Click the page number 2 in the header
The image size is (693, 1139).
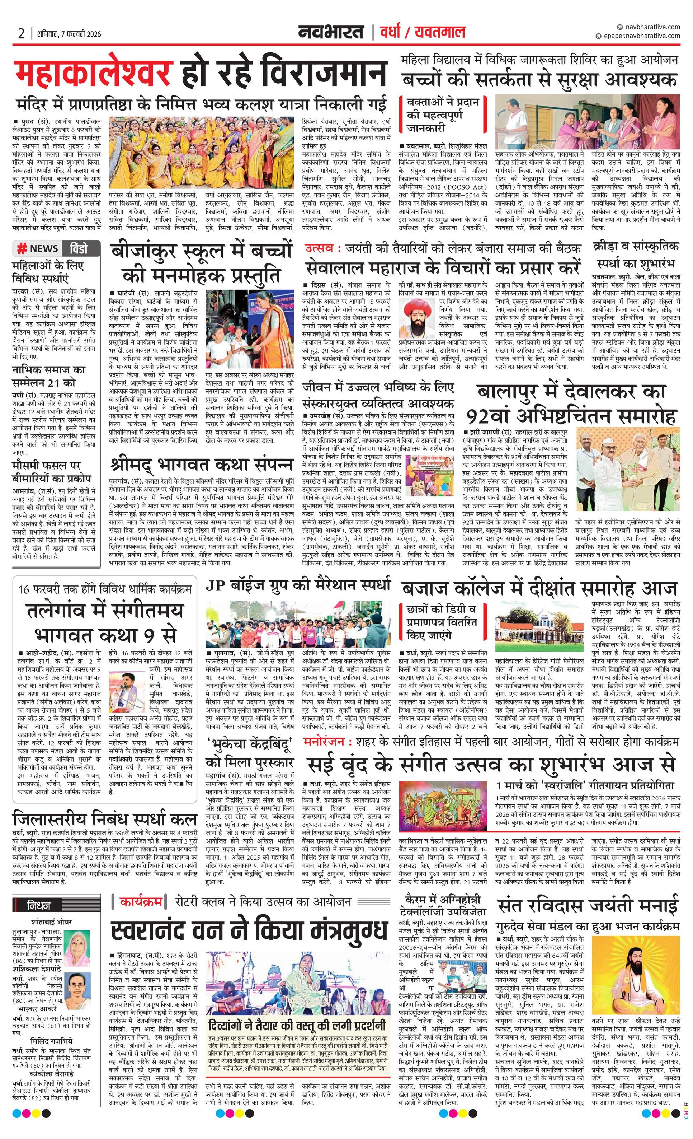click(x=21, y=34)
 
